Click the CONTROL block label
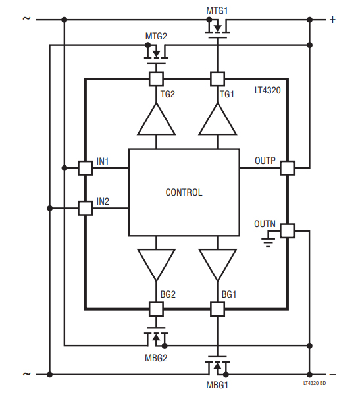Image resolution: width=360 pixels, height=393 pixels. click(184, 192)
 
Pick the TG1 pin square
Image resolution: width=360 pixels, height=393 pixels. click(217, 79)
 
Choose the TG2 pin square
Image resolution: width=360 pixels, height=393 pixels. click(156, 79)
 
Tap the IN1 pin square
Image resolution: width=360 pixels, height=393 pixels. click(85, 167)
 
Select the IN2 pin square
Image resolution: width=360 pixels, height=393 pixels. click(85, 208)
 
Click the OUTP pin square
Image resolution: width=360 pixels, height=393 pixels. click(288, 167)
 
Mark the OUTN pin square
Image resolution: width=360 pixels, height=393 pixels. click(288, 230)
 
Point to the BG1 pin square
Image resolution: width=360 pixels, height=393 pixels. click(217, 308)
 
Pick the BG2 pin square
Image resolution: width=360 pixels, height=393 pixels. click(156, 308)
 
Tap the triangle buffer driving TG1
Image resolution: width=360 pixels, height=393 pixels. click(217, 119)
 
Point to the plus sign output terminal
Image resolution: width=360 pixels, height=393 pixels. click(332, 20)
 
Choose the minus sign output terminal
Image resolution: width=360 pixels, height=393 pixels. click(332, 373)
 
